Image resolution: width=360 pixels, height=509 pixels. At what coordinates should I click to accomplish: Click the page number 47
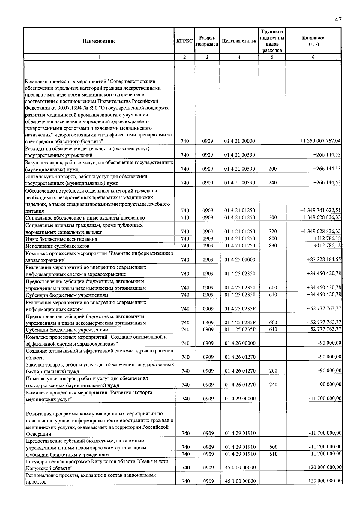338,20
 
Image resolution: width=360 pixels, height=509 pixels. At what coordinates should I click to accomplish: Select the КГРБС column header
184,41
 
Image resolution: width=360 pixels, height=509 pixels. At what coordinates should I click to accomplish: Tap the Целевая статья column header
239,41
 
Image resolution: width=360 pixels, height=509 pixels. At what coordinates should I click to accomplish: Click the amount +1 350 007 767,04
320,141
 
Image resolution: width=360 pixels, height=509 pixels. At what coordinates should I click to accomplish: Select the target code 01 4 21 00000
239,141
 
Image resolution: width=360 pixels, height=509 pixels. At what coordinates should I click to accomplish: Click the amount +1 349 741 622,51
320,211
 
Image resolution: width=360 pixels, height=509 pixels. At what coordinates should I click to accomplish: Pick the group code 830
272,246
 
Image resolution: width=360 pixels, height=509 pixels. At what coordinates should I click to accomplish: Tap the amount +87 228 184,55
324,259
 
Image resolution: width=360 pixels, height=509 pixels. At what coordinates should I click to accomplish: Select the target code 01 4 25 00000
239,260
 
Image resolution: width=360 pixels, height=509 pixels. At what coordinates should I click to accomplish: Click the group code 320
272,232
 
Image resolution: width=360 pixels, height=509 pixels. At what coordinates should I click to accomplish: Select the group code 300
272,217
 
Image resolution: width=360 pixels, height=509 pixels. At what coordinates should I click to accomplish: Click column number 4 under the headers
239,57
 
